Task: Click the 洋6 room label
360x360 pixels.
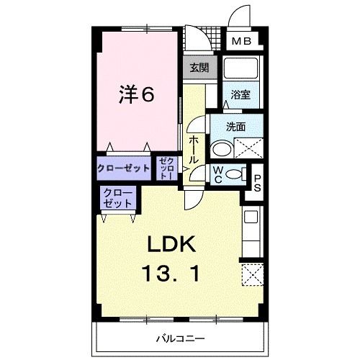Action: [x=136, y=95]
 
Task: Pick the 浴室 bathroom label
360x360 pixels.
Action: [x=240, y=94]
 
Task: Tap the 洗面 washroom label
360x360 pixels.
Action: [x=235, y=127]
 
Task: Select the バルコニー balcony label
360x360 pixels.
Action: [x=180, y=337]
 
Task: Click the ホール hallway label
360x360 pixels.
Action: [x=194, y=148]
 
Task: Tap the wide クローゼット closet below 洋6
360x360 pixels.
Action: [x=123, y=168]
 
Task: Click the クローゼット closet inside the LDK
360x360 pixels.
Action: [x=117, y=197]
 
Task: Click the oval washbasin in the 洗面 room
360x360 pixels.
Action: [x=222, y=150]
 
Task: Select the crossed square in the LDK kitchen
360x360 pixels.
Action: [x=251, y=275]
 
